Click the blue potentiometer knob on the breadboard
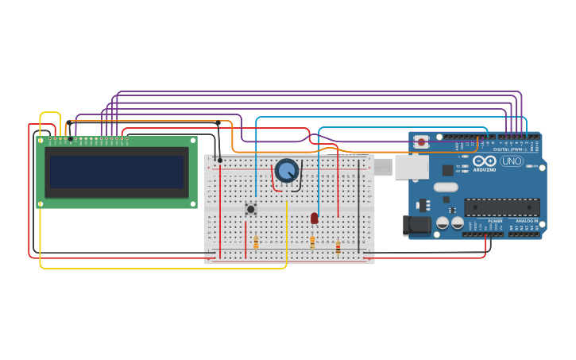click(x=286, y=170)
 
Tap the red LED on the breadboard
click(x=314, y=218)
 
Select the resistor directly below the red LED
click(x=312, y=241)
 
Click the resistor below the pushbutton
click(x=256, y=242)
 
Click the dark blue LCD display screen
click(x=116, y=172)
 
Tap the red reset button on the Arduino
click(x=421, y=142)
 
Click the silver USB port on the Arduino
click(x=411, y=167)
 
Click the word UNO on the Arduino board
click(x=511, y=161)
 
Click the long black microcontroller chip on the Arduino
click(x=501, y=207)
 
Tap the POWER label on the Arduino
click(x=495, y=221)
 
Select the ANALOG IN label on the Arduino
click(x=527, y=221)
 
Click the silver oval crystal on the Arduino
click(x=446, y=187)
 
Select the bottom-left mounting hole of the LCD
click(x=41, y=204)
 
